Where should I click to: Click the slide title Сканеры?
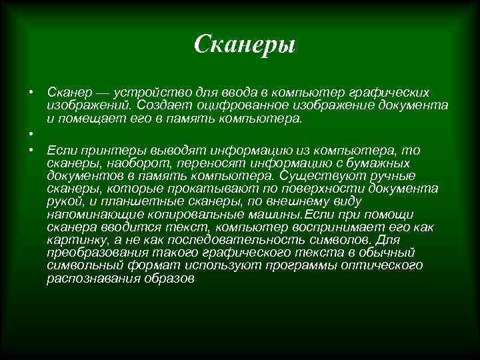(244, 45)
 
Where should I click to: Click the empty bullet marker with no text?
(31, 133)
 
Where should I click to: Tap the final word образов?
(167, 279)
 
